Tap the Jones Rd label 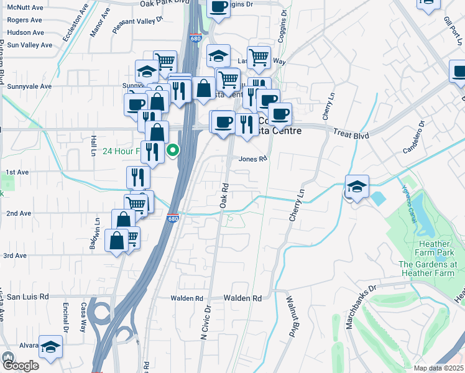253,159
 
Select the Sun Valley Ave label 29,45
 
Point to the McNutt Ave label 24,7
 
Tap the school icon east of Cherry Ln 357,187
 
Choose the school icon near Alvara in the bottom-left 50,348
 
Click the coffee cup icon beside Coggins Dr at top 218,7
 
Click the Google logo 20,366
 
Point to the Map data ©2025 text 438,368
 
